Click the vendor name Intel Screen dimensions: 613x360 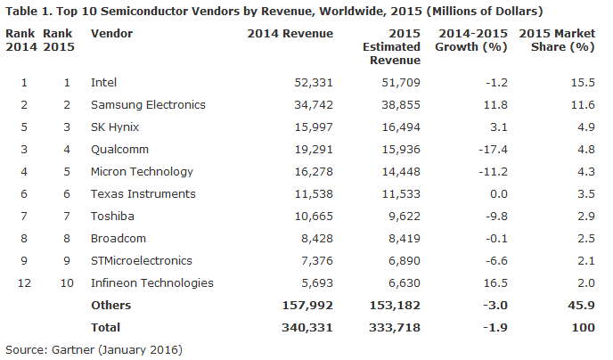[x=103, y=83]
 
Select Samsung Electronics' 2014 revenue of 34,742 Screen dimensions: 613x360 [x=314, y=105]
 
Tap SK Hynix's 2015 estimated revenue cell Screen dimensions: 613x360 [x=401, y=127]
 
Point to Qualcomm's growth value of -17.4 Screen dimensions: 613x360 [x=493, y=150]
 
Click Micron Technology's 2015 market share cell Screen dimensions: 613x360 [x=586, y=172]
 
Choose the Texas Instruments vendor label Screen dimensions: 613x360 [x=143, y=194]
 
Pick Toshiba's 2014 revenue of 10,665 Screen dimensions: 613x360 [x=314, y=217]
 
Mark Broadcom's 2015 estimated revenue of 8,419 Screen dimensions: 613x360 [x=405, y=239]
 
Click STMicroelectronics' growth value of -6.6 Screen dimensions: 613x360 [x=496, y=261]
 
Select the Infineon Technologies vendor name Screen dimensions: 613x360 [x=152, y=283]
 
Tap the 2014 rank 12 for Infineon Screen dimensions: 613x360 [x=24, y=283]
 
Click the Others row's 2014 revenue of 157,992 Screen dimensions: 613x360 [x=307, y=306]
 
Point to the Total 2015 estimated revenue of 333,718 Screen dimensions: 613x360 [x=395, y=328]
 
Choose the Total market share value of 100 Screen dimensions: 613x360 [x=584, y=328]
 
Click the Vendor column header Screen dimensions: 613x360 [x=111, y=34]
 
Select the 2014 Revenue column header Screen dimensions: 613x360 [x=290, y=34]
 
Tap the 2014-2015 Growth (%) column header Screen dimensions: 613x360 [x=471, y=40]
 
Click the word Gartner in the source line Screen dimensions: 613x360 [x=73, y=349]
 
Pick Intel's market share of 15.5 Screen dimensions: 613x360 [x=583, y=83]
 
